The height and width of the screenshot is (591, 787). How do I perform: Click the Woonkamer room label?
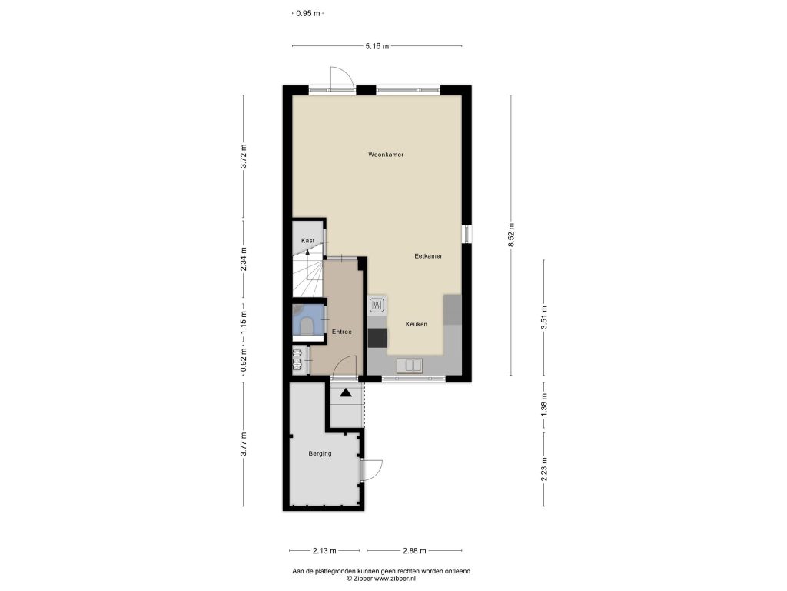[386, 155]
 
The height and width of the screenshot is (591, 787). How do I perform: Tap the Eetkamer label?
[428, 256]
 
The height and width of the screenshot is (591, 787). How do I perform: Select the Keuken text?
[416, 324]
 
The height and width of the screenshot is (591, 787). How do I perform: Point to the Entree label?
[342, 332]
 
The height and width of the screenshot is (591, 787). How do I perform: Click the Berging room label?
[320, 454]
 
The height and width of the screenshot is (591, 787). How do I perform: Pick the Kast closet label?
[307, 241]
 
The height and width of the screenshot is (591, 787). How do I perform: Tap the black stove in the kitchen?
[377, 338]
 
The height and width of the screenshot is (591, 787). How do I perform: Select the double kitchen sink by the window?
[410, 366]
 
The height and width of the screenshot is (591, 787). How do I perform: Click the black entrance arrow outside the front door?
[346, 392]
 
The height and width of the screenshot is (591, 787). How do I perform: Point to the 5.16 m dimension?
[377, 46]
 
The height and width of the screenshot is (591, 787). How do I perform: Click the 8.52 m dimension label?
[511, 235]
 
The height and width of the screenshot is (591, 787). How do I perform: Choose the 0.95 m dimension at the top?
[307, 14]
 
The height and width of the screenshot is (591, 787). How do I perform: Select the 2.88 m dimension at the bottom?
[414, 551]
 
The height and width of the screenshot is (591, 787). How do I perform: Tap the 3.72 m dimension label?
[244, 157]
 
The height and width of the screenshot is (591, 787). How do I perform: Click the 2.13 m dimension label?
[324, 551]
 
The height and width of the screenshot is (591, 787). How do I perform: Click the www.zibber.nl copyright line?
[381, 579]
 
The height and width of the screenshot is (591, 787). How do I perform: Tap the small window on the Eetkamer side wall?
[467, 234]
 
